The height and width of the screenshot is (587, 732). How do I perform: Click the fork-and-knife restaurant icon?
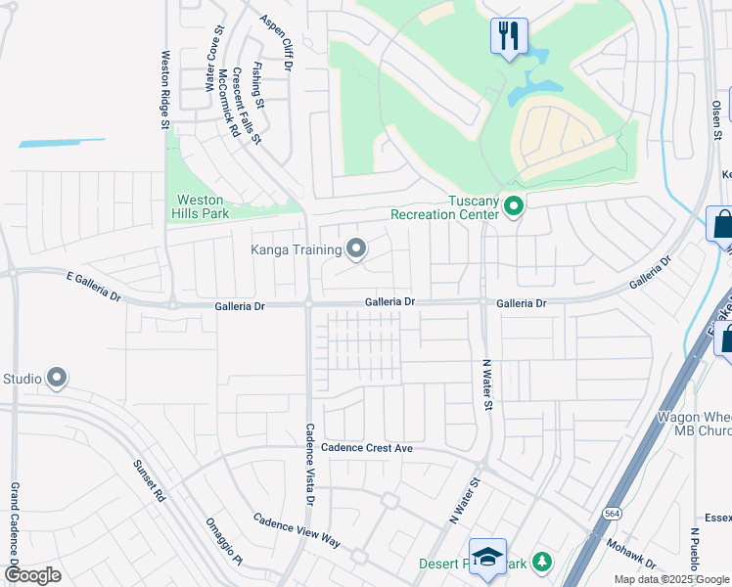click(x=508, y=36)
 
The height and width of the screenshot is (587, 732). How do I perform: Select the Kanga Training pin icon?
click(x=356, y=249)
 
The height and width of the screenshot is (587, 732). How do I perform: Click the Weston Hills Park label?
click(x=203, y=205)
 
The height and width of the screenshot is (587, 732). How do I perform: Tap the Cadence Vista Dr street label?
click(x=310, y=464)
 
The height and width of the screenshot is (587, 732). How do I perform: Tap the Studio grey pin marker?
click(x=57, y=378)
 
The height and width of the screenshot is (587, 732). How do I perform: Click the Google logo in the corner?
click(x=32, y=574)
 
